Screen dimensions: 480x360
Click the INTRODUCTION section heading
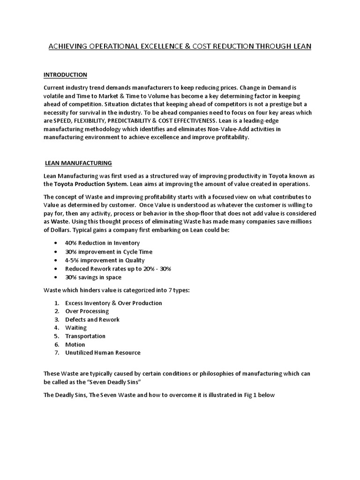pyautogui.click(x=65, y=75)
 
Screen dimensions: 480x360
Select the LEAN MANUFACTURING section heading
pyautogui.click(x=78, y=163)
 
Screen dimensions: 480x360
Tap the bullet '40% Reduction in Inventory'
pyautogui.click(x=102, y=243)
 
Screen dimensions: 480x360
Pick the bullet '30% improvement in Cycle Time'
pyautogui.click(x=108, y=252)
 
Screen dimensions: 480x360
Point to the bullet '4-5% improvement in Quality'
pyautogui.click(x=105, y=260)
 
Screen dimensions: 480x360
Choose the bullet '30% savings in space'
pyautogui.click(x=93, y=277)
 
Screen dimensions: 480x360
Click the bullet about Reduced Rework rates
pyautogui.click(x=118, y=269)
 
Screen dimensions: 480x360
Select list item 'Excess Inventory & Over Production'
pyautogui.click(x=113, y=303)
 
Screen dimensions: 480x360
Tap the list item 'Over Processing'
pyautogui.click(x=87, y=311)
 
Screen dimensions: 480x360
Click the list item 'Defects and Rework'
pyautogui.click(x=92, y=320)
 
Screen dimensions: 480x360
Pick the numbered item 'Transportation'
pyautogui.click(x=85, y=336)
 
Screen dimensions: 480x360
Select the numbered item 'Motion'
pyautogui.click(x=75, y=345)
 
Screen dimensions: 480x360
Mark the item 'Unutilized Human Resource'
pyautogui.click(x=103, y=352)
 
